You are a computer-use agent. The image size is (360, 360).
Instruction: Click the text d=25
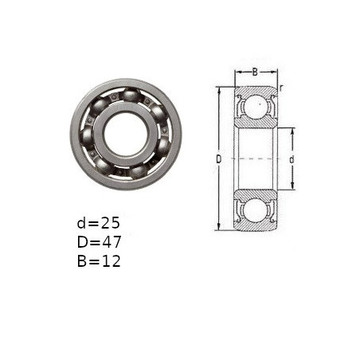(x=99, y=223)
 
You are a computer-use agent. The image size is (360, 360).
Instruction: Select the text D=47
(x=99, y=242)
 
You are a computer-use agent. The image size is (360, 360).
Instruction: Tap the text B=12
(x=99, y=261)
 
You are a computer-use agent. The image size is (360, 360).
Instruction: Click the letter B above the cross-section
(x=255, y=72)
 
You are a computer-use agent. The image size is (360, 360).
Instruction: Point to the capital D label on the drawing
(x=218, y=159)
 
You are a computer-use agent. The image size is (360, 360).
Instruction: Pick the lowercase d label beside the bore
(x=292, y=159)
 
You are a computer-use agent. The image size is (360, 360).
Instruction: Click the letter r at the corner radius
(x=281, y=88)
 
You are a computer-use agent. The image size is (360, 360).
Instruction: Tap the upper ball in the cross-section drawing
(x=256, y=105)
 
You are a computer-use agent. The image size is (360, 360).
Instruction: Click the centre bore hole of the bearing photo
(x=126, y=135)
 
